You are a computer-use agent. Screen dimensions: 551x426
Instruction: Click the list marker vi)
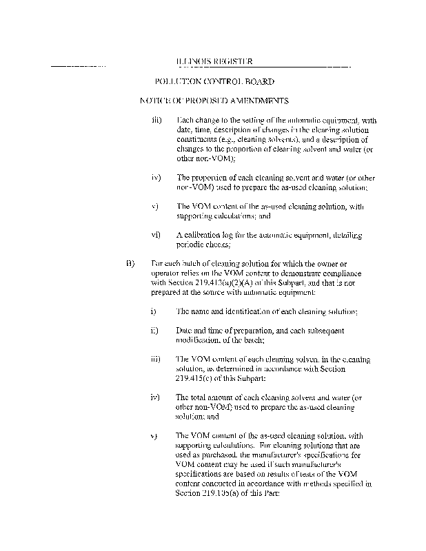(x=155, y=235)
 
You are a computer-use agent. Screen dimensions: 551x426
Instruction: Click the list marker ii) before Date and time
(x=154, y=330)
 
